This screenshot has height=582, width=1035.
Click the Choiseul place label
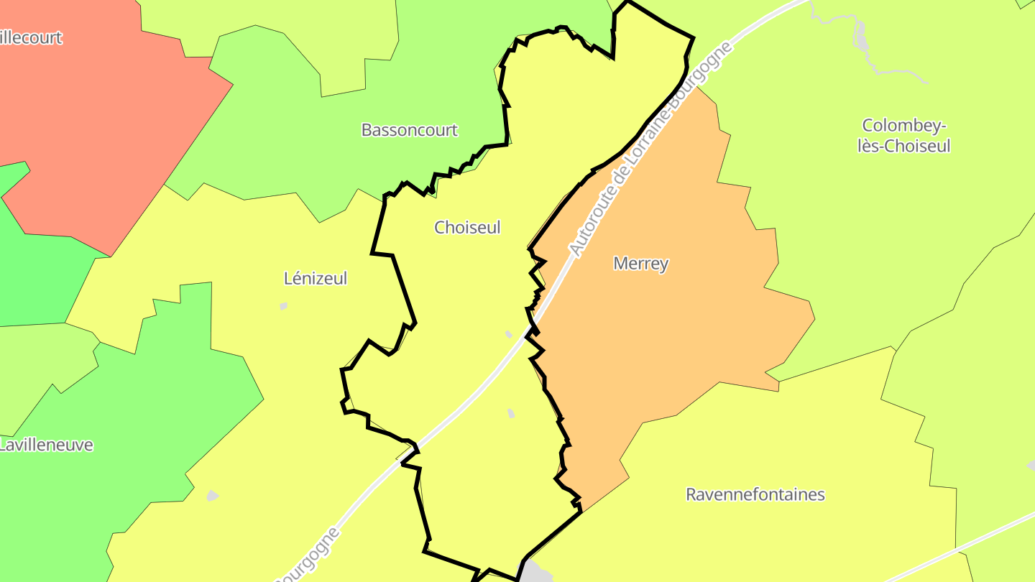[x=467, y=227]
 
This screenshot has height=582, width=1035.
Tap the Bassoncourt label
[x=409, y=130]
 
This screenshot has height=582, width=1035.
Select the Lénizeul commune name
[x=316, y=278]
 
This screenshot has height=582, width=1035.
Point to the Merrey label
[x=640, y=264]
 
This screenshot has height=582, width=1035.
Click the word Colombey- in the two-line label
[x=904, y=126]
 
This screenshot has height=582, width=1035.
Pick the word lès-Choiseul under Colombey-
[x=904, y=146]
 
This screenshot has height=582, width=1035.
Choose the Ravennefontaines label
[x=755, y=494]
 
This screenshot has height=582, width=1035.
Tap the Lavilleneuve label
[x=46, y=445]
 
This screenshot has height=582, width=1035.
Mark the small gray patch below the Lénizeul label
[x=283, y=306]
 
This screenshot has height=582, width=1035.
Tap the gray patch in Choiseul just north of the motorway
[x=509, y=334]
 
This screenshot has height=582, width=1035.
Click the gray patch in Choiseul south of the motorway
[x=511, y=413]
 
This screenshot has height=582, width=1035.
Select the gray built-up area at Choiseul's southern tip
[x=535, y=573]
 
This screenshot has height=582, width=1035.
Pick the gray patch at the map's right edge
[x=1031, y=465]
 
